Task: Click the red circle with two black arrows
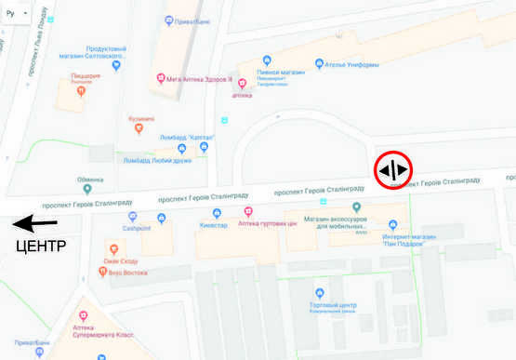point(393,170)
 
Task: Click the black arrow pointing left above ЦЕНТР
point(35,224)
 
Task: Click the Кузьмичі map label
point(141,118)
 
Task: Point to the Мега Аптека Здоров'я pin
point(161,78)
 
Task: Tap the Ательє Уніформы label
point(353,65)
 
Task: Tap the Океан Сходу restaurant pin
point(112,249)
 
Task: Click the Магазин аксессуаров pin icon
point(357,207)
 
